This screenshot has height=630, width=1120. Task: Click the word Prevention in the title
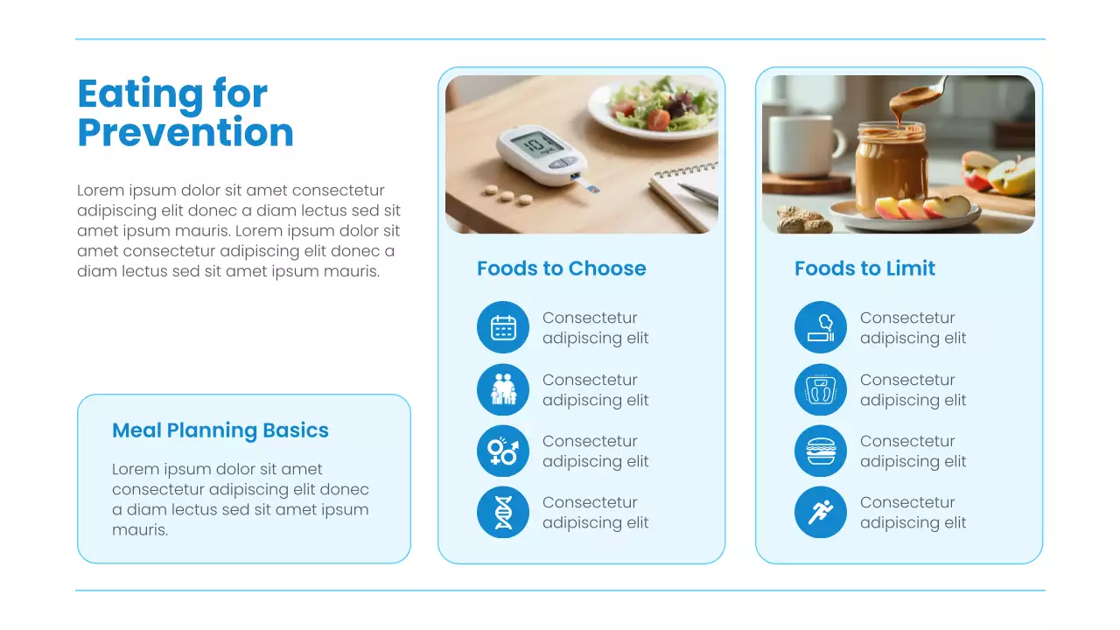coord(185,133)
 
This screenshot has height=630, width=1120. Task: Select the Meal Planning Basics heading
coord(220,430)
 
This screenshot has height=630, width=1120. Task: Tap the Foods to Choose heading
coord(562,269)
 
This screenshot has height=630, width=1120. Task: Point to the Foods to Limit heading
coord(864,269)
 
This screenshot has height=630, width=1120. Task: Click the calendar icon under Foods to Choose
coord(503,327)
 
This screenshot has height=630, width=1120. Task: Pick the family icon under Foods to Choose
coord(503,389)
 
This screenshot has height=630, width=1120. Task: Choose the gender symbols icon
coord(503,451)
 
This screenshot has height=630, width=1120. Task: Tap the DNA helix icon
coord(503,512)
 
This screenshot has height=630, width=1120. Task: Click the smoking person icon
coord(821,327)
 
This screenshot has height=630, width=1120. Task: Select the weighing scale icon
coord(821,389)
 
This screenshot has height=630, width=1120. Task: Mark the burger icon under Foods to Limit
coord(821,451)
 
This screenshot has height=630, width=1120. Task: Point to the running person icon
coord(821,512)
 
